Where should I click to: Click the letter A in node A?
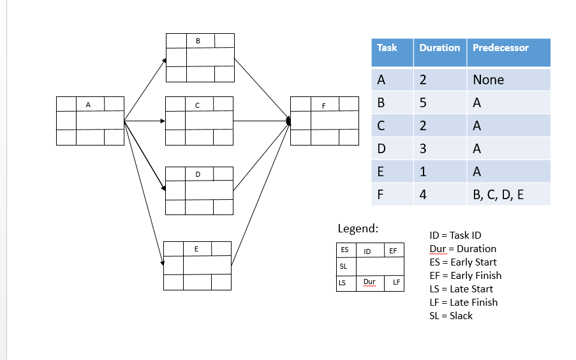click(x=88, y=104)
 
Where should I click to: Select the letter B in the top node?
click(x=198, y=41)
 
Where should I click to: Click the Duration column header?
click(x=439, y=48)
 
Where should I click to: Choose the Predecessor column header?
click(x=500, y=48)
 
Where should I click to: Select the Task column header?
click(x=387, y=48)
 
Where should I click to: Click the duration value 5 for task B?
click(x=422, y=103)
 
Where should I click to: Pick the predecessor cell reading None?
click(x=488, y=80)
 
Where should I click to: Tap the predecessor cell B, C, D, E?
click(x=498, y=195)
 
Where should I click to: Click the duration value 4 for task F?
click(x=423, y=195)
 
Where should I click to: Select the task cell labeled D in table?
click(x=381, y=149)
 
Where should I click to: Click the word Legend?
click(x=358, y=229)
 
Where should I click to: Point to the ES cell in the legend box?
click(x=344, y=250)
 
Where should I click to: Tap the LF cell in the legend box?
click(x=396, y=282)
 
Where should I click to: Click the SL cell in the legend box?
click(x=343, y=266)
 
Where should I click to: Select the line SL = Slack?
click(x=451, y=315)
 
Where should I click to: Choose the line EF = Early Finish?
click(x=466, y=276)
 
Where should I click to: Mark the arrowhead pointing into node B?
click(x=164, y=61)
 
